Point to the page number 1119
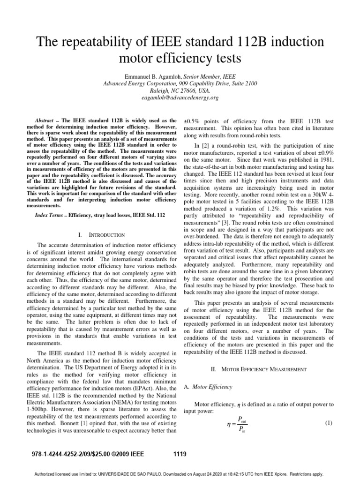coord(180,453)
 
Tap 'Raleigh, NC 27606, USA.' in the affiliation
coord(180,90)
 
